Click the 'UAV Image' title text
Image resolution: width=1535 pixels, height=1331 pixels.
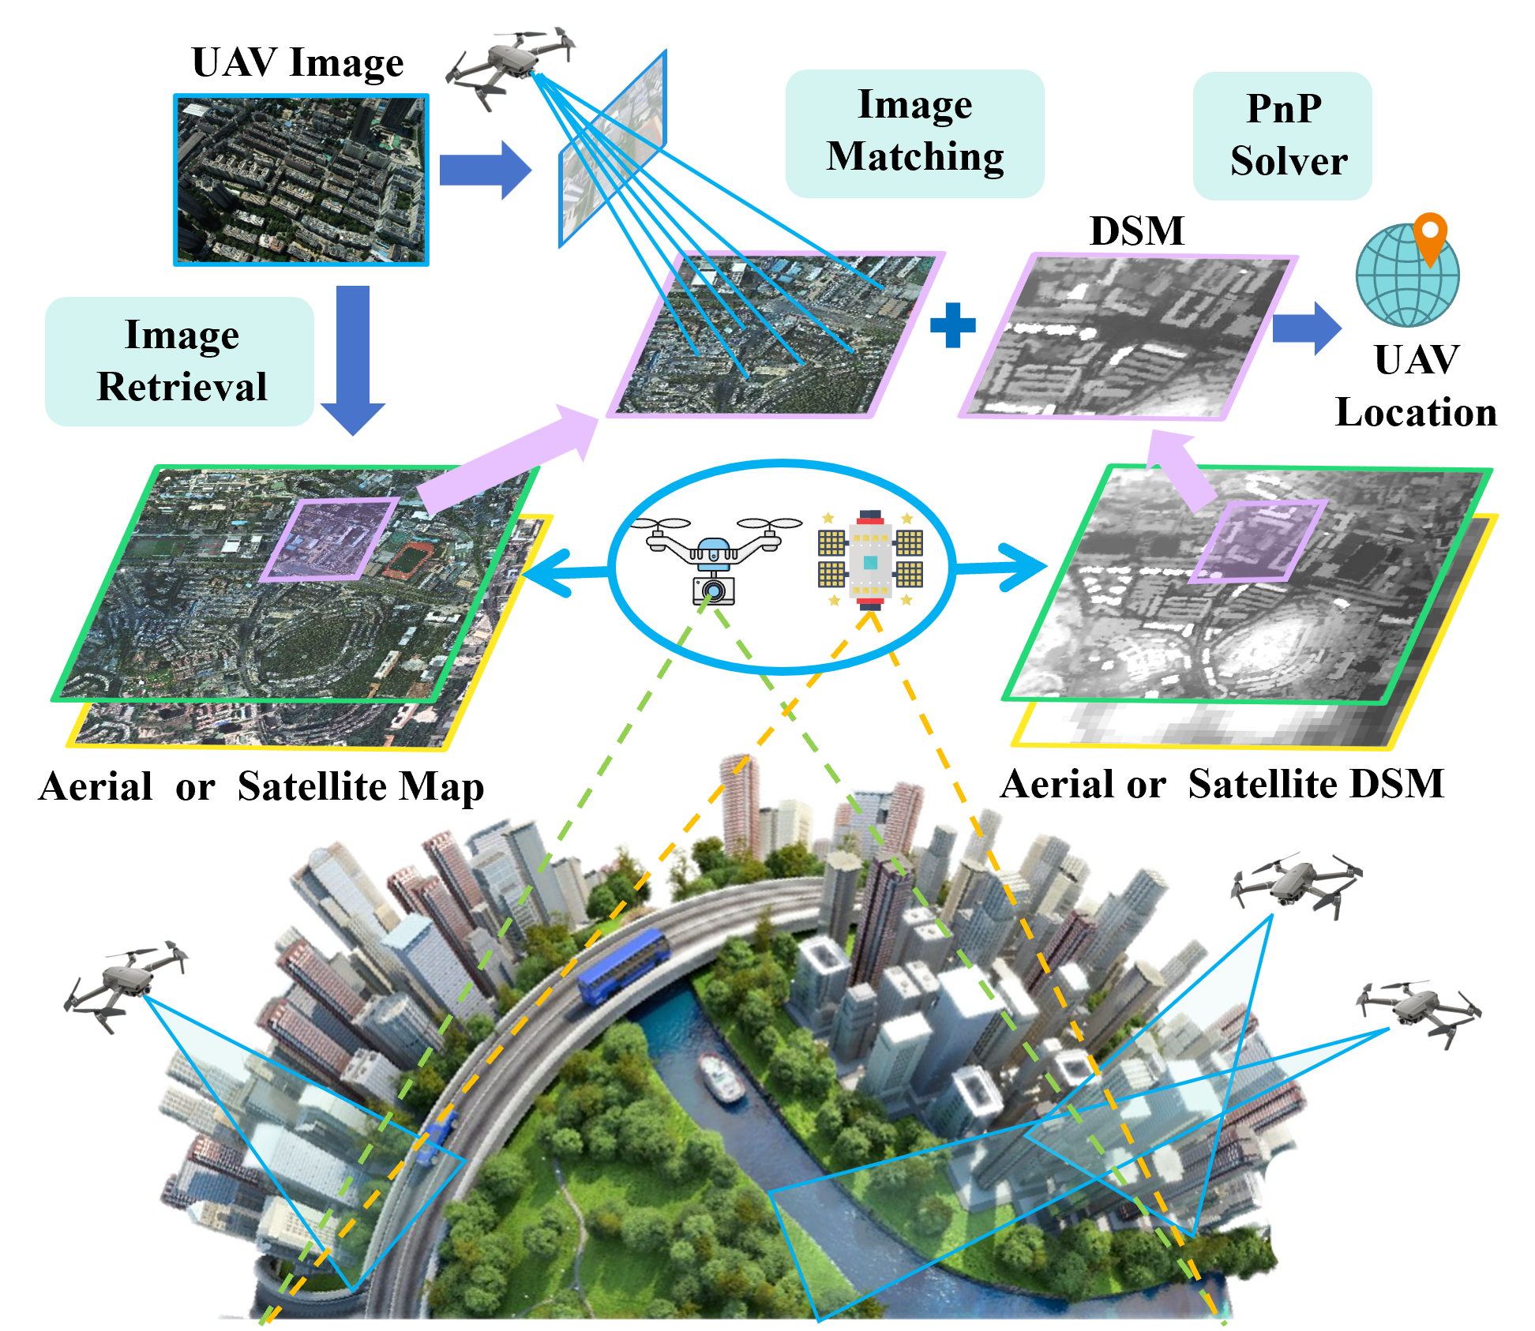point(298,63)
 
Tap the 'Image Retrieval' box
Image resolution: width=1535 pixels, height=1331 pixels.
point(180,361)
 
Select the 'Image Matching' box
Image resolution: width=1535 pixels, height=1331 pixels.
point(914,133)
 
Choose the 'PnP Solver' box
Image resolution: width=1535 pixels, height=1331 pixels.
point(1282,136)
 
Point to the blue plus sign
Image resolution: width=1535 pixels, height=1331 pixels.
point(953,325)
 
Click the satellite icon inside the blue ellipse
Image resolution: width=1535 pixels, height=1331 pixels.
point(870,560)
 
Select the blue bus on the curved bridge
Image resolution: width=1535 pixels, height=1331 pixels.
point(624,965)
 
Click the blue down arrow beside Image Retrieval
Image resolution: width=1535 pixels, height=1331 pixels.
point(353,360)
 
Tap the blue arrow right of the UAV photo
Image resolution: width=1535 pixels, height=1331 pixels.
point(485,170)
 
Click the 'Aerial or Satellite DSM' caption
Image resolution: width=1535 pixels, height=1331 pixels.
point(1222,784)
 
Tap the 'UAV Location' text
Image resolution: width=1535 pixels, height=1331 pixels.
point(1416,386)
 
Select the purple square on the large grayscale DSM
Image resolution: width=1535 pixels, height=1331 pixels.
point(1258,541)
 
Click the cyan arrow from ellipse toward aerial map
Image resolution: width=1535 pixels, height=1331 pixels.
point(565,572)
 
